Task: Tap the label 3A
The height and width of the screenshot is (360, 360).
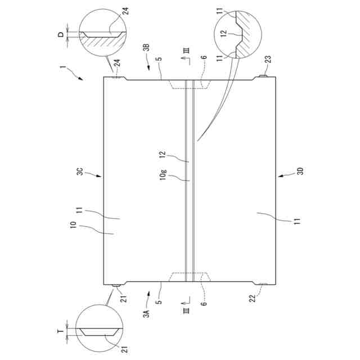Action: pyautogui.click(x=146, y=313)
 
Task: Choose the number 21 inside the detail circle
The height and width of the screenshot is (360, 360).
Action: pyautogui.click(x=123, y=347)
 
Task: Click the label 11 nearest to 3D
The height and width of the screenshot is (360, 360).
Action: pyautogui.click(x=296, y=220)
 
